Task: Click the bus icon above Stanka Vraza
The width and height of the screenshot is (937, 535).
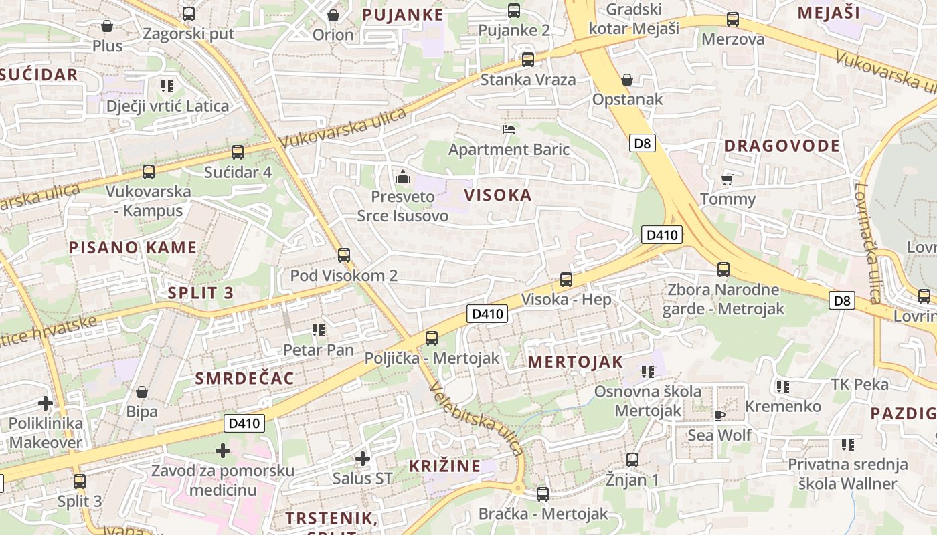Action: (528, 60)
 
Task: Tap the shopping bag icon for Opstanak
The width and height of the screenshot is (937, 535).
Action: (627, 80)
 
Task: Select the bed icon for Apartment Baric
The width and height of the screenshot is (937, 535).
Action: (509, 129)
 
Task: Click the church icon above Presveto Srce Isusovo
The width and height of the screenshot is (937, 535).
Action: (403, 177)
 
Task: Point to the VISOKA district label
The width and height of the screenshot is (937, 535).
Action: (498, 195)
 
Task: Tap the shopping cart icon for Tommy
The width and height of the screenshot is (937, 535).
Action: (728, 179)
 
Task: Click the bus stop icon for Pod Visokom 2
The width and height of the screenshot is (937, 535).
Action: (344, 255)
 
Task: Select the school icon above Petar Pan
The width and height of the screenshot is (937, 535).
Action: (319, 330)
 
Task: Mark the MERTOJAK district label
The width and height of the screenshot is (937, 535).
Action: (575, 362)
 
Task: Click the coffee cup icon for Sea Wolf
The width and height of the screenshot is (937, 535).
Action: (719, 415)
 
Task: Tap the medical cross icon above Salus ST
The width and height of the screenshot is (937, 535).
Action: (363, 459)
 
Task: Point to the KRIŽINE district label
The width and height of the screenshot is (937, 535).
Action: (444, 466)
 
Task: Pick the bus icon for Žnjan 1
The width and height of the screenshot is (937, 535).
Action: (632, 459)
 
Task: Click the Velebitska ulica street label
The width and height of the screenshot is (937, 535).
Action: (476, 419)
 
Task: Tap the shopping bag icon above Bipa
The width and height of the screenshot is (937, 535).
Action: (141, 391)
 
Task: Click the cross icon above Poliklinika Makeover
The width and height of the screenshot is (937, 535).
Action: (46, 403)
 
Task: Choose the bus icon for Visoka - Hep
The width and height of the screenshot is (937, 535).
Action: (566, 279)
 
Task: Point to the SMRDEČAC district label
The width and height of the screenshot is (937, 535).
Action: (244, 378)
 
